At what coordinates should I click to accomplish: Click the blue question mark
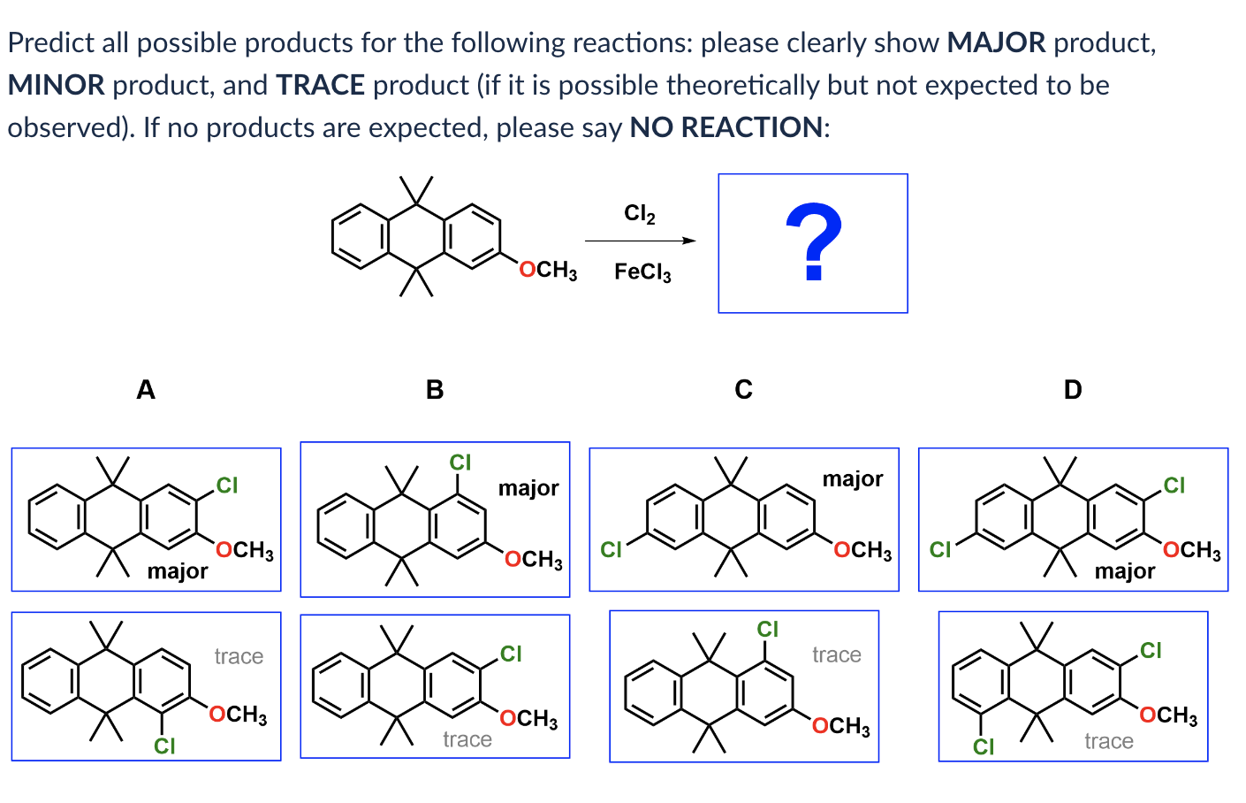coord(813,241)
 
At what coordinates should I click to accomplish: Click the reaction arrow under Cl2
coord(640,241)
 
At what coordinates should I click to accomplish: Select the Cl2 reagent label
coord(639,213)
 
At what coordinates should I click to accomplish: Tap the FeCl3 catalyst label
coord(642,271)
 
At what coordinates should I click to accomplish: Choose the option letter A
coord(146,389)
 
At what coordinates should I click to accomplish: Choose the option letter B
coord(434,389)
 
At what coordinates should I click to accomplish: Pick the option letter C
coord(743,389)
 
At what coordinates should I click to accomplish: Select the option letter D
coord(1072,389)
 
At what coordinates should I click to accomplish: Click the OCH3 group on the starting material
coord(548,270)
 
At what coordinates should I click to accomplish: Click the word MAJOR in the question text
coord(996,42)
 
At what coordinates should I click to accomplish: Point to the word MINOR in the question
coord(56,85)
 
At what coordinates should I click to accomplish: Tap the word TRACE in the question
coord(320,85)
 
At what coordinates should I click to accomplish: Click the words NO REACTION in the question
coord(726,127)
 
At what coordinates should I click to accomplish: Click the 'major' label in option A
coord(178,571)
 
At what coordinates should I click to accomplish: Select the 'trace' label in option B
coord(467,739)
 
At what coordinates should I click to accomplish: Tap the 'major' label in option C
coord(853,479)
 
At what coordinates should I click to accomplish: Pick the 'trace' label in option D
coord(1108,741)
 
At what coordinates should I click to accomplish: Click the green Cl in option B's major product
coord(460,463)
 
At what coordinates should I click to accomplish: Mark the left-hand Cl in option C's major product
coord(611,550)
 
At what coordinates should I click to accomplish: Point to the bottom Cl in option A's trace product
coord(164,746)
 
